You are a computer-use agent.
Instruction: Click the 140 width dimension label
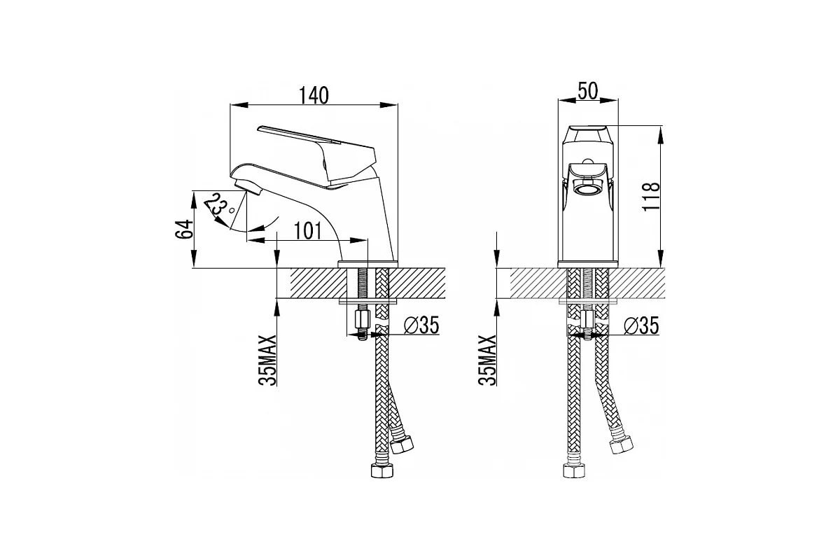(314, 96)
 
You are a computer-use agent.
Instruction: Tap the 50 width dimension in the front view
(587, 91)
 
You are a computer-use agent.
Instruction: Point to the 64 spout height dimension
(184, 230)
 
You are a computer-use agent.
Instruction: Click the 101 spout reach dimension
(307, 231)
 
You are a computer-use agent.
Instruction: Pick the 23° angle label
(218, 206)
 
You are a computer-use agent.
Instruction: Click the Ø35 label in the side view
(421, 325)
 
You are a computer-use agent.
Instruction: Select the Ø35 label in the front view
(641, 325)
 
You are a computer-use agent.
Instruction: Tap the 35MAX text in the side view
(267, 360)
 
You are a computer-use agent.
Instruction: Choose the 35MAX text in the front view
(487, 360)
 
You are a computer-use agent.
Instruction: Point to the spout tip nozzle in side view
(248, 186)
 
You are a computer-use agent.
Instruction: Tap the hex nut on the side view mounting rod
(363, 319)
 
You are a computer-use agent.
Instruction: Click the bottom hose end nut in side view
(381, 470)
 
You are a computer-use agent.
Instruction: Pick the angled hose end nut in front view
(621, 445)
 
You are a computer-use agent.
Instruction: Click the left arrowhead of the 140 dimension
(239, 105)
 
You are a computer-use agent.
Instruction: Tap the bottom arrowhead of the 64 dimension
(194, 258)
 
